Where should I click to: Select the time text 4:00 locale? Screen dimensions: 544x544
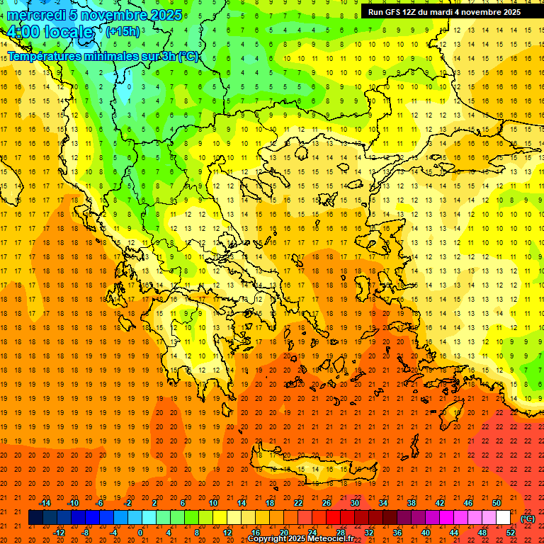click(x=50, y=32)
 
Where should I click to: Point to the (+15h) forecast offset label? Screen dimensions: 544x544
click(x=123, y=31)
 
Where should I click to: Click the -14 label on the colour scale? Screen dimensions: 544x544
click(x=45, y=503)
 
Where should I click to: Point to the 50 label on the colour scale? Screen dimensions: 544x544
click(x=496, y=503)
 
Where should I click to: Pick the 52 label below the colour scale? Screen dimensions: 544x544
click(x=511, y=532)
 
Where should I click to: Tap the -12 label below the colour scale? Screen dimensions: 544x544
click(x=59, y=532)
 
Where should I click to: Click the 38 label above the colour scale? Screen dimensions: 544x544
click(x=412, y=503)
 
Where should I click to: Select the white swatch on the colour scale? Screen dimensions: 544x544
click(x=504, y=518)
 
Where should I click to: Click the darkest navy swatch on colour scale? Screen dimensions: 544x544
click(x=35, y=518)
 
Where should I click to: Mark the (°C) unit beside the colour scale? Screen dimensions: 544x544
click(x=528, y=518)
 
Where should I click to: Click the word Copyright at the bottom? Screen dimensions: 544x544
click(x=268, y=539)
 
